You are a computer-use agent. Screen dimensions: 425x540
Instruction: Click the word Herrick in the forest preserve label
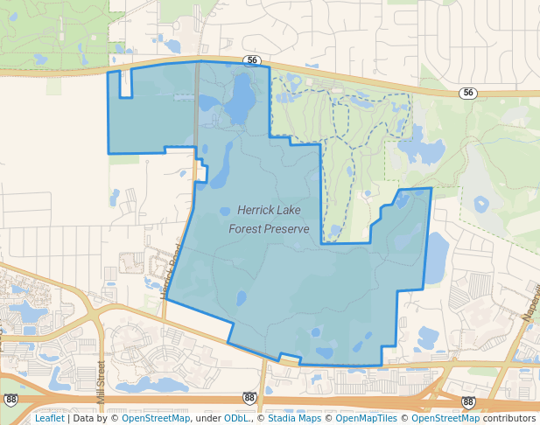254,211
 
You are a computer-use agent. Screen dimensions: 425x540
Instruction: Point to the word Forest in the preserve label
245,229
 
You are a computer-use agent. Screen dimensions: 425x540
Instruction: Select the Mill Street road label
102,383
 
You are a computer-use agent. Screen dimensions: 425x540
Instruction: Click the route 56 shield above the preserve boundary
252,60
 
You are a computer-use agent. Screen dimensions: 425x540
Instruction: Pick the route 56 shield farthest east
469,92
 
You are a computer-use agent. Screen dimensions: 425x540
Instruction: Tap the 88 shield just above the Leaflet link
11,400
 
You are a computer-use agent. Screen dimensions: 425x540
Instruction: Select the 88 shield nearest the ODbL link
249,398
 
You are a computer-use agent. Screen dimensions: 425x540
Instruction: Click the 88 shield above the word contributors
468,401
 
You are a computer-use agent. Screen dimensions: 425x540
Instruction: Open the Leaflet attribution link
49,419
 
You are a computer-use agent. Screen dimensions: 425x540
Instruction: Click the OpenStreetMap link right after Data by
156,419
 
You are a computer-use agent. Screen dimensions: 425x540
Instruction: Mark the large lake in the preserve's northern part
235,105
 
